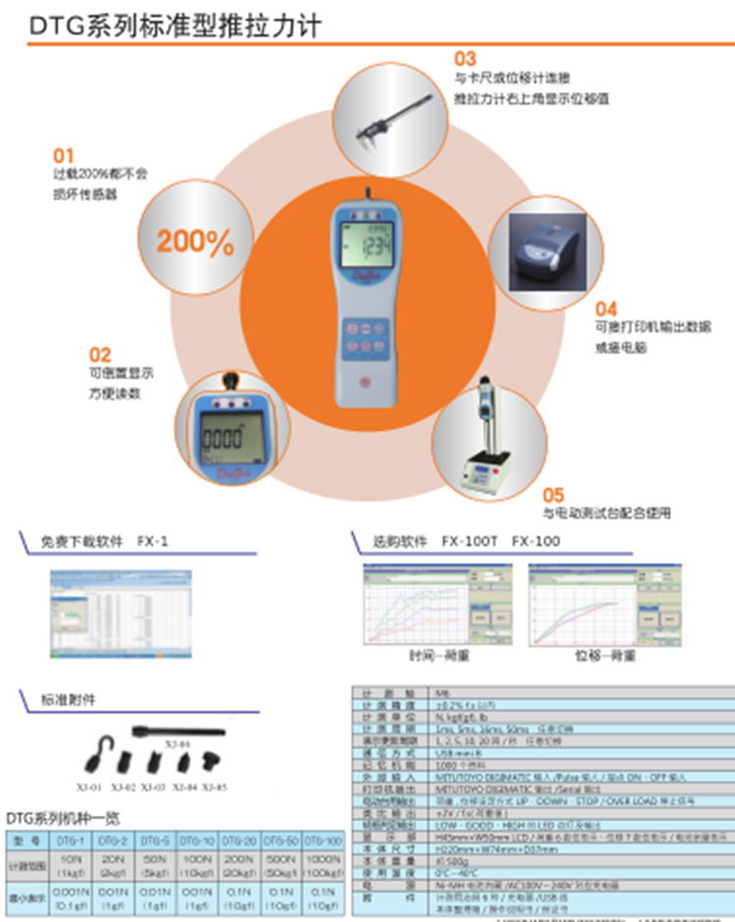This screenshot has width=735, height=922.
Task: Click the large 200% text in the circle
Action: click(x=196, y=241)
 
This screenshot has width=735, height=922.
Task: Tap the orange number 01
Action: click(x=64, y=155)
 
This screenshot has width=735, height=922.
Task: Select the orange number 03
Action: click(x=465, y=59)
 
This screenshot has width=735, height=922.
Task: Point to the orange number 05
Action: click(x=555, y=494)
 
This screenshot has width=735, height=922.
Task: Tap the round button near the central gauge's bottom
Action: click(x=367, y=383)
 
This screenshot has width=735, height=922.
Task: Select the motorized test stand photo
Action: click(x=487, y=441)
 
